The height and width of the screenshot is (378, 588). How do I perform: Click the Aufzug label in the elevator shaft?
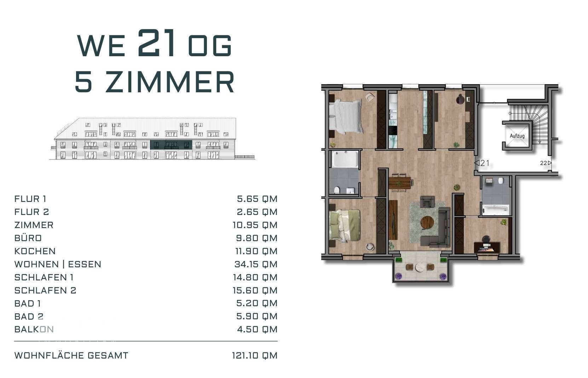(517, 136)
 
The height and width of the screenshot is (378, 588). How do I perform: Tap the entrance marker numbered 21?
(482, 163)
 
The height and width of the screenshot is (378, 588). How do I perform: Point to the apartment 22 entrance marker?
(546, 163)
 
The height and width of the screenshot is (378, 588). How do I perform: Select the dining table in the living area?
(400, 183)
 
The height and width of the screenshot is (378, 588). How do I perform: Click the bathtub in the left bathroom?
(345, 159)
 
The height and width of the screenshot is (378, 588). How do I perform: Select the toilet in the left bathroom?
(336, 190)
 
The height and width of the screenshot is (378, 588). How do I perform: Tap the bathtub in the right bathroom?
(496, 210)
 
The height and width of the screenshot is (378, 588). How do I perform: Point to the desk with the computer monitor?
(487, 247)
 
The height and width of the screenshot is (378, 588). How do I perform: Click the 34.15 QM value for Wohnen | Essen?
(256, 264)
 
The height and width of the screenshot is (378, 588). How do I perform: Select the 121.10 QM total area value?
(254, 356)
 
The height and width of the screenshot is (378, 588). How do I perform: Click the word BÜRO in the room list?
(28, 238)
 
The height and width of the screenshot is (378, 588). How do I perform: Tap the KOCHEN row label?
(35, 251)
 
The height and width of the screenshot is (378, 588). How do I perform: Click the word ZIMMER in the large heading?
(169, 82)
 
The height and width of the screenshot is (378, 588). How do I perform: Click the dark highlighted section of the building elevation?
(171, 145)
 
